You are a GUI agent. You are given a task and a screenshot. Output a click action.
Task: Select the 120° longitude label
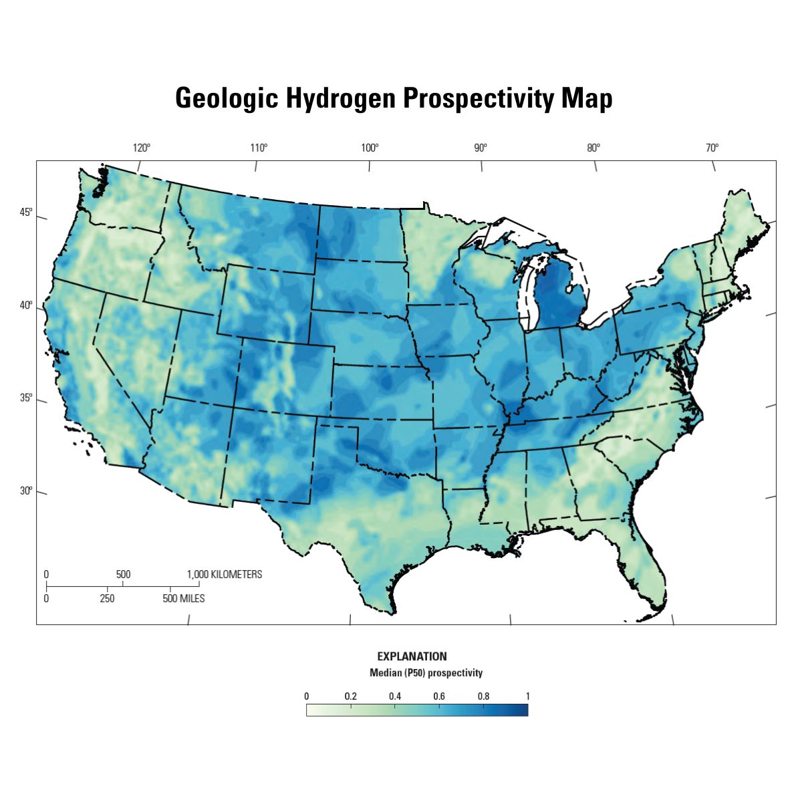[x=141, y=148]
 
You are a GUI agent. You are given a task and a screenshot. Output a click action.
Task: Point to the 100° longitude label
[x=370, y=148]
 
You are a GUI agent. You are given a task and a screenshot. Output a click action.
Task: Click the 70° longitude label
[x=712, y=148]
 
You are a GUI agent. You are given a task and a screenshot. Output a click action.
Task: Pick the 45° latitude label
[x=25, y=213]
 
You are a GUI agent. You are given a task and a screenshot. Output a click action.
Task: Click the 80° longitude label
[x=593, y=148]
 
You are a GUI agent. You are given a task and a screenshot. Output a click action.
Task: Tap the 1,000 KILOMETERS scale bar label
[x=225, y=574]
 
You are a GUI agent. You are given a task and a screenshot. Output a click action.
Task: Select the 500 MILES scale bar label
[x=183, y=598]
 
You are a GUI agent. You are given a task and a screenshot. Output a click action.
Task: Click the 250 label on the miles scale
[x=107, y=598]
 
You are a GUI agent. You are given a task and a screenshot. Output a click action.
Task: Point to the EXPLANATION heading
[x=412, y=656]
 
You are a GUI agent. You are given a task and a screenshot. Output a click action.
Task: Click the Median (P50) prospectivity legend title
[x=426, y=672]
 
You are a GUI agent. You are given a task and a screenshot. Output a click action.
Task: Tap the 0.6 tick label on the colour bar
[x=439, y=696]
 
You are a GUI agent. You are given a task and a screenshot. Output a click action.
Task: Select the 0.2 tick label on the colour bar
[x=350, y=696]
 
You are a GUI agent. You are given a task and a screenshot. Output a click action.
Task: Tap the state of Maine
[x=742, y=221]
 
